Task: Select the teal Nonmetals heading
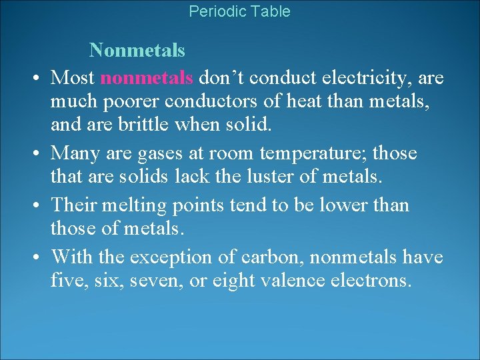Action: tap(137, 50)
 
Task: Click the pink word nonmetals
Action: tap(147, 77)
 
